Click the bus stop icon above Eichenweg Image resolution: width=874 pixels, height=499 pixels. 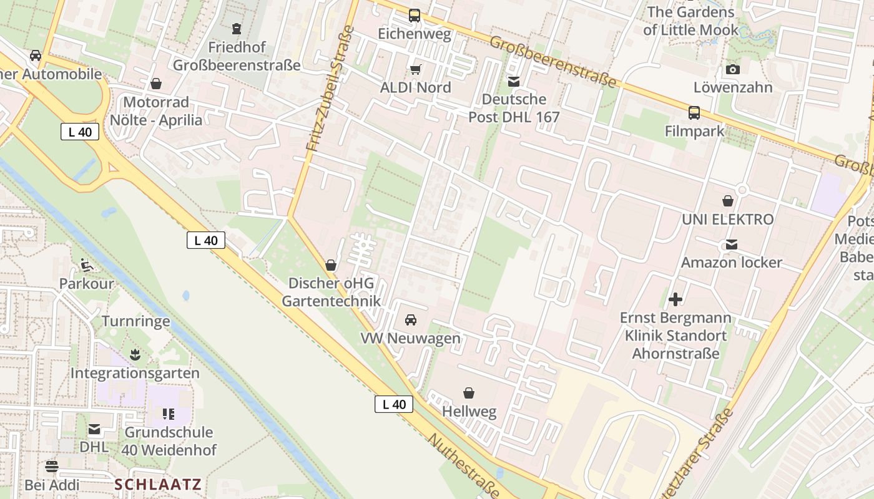click(x=415, y=15)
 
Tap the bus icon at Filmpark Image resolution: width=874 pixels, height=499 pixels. click(x=694, y=113)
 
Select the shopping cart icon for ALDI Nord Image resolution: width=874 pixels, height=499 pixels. click(x=415, y=69)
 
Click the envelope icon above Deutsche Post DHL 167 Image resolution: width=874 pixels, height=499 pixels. click(x=514, y=81)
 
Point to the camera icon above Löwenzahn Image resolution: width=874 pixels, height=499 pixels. click(x=733, y=69)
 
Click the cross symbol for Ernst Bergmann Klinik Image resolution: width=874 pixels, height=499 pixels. click(x=675, y=299)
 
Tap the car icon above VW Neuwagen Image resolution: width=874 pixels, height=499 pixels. click(x=411, y=320)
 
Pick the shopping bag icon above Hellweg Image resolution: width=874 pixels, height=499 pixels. click(x=469, y=393)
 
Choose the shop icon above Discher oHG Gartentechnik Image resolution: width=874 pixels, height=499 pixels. click(x=331, y=265)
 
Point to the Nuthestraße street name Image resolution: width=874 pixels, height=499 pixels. click(x=463, y=465)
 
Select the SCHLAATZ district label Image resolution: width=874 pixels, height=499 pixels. click(x=158, y=485)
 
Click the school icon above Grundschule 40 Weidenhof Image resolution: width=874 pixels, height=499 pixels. click(x=168, y=414)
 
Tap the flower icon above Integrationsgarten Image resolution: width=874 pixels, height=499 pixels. click(x=135, y=355)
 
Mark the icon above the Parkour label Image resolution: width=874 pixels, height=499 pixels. click(x=87, y=266)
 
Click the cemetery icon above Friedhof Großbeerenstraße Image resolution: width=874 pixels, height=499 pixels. click(x=237, y=29)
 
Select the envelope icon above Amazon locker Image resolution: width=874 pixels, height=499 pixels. click(x=731, y=245)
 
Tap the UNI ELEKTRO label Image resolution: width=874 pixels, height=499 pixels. click(x=727, y=220)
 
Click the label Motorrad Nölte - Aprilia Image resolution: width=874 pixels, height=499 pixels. click(x=156, y=111)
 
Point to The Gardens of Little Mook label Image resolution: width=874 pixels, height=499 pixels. click(x=690, y=21)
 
